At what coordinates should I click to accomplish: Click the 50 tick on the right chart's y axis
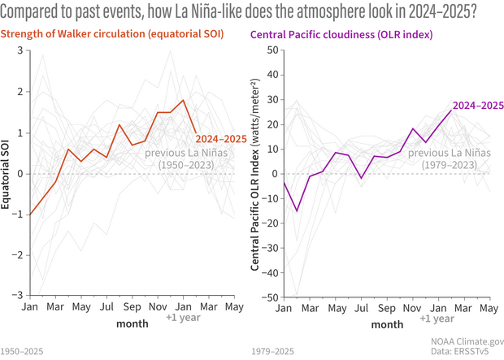(x=273, y=50)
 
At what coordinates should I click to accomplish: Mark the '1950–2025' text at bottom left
(x=22, y=353)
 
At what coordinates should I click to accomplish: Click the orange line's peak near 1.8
(x=184, y=101)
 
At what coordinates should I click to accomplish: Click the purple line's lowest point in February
(x=297, y=211)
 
